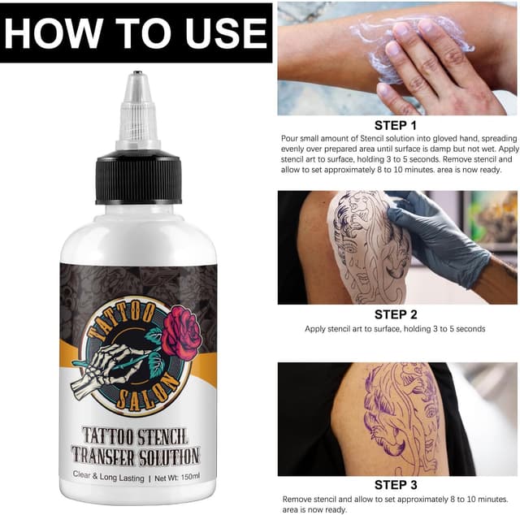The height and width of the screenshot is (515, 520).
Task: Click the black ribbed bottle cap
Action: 137,176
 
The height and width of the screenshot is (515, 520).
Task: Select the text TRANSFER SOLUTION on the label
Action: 135,456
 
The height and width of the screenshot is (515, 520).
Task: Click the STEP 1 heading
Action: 396,125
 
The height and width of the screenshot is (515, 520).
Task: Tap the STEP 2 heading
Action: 396,314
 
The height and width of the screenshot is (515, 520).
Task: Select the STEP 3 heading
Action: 396,486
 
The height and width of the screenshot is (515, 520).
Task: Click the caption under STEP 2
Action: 396,329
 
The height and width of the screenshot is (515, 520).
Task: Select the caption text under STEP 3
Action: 396,504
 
